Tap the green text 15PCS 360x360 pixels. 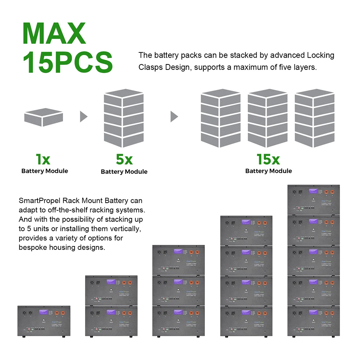click(x=68, y=62)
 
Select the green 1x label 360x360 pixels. click(x=44, y=159)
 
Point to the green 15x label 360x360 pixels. click(x=268, y=159)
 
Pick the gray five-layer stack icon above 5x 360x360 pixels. click(x=123, y=118)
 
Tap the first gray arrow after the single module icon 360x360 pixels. click(x=84, y=116)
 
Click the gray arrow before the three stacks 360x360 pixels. click(x=174, y=116)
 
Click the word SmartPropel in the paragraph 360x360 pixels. click(x=37, y=201)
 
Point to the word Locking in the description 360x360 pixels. click(x=320, y=55)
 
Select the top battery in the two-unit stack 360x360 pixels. click(x=111, y=291)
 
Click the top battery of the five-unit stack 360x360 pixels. click(x=314, y=200)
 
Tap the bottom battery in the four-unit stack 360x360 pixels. click(x=246, y=322)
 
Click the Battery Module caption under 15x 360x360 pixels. click(x=268, y=171)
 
